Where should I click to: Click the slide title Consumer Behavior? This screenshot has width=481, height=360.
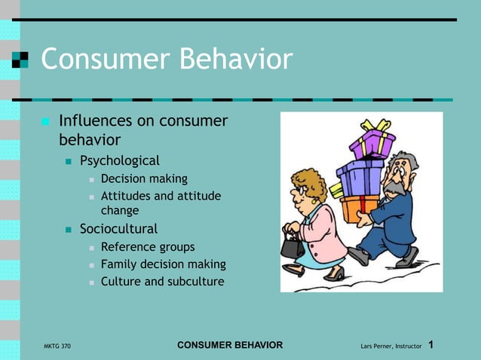[166, 59]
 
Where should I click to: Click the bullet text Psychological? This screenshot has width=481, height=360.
[120, 160]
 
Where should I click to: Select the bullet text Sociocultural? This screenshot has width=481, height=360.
[118, 229]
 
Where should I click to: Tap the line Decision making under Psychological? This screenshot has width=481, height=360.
[144, 179]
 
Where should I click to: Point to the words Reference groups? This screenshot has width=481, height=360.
[147, 247]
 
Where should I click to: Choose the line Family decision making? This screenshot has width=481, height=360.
[163, 264]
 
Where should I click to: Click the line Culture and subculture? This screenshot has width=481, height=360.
[162, 282]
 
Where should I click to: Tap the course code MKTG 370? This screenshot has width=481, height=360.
[58, 346]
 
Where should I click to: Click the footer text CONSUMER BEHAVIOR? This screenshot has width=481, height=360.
[230, 345]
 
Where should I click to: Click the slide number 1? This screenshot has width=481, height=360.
[431, 345]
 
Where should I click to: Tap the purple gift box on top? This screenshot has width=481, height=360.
[372, 143]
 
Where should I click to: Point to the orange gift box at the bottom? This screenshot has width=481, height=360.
[358, 207]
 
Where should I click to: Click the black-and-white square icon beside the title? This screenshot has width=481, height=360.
[20, 59]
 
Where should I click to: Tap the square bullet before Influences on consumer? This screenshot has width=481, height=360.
[45, 121]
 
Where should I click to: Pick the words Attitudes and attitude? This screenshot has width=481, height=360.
[161, 197]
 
